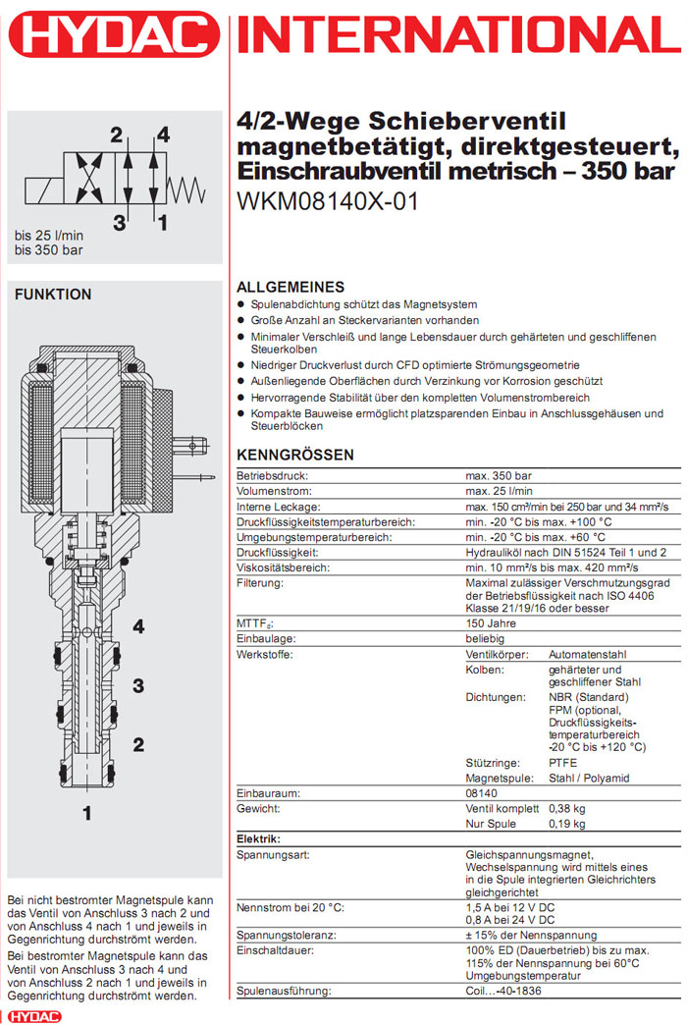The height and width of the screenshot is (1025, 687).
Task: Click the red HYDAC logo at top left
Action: tap(113, 37)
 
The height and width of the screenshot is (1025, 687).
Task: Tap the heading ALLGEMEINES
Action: tap(291, 288)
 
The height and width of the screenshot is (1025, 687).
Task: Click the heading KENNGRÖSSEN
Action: tap(295, 456)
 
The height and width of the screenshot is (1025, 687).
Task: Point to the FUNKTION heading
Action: tap(53, 295)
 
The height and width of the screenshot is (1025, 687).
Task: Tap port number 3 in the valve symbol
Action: tap(119, 222)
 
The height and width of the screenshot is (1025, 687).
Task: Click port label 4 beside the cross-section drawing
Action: tap(138, 626)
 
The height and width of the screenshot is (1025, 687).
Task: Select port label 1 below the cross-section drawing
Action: tap(86, 812)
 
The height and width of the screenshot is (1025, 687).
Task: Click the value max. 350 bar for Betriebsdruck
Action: tap(500, 475)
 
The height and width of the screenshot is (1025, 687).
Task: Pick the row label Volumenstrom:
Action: tap(274, 490)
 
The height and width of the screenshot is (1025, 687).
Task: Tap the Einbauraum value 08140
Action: tap(482, 793)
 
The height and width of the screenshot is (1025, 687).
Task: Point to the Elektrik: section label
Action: tap(259, 839)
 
